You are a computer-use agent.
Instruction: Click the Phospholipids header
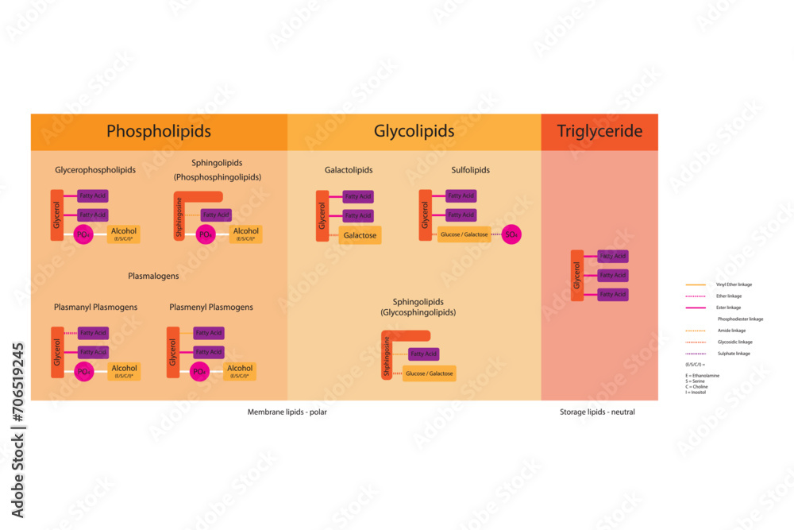pyautogui.click(x=159, y=131)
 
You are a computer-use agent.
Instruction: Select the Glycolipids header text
pyautogui.click(x=414, y=131)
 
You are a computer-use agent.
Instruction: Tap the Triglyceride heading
pyautogui.click(x=599, y=131)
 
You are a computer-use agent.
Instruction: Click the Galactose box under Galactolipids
pyautogui.click(x=360, y=235)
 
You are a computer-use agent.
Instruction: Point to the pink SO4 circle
pyautogui.click(x=512, y=234)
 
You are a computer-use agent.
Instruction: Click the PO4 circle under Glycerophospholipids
pyautogui.click(x=83, y=234)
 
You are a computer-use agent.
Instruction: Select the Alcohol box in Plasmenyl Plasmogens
pyautogui.click(x=240, y=371)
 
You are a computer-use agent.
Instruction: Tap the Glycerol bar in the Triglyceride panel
pyautogui.click(x=577, y=275)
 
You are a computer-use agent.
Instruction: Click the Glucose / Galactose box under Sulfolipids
pyautogui.click(x=464, y=234)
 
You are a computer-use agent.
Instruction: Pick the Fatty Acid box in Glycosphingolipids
pyautogui.click(x=424, y=354)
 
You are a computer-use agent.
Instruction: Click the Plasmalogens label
pyautogui.click(x=153, y=277)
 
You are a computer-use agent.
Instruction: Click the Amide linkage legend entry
pyautogui.click(x=731, y=331)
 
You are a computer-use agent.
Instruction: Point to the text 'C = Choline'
pyautogui.click(x=699, y=386)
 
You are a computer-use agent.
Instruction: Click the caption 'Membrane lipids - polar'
pyautogui.click(x=287, y=412)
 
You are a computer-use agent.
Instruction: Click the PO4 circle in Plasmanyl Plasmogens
pyautogui.click(x=83, y=371)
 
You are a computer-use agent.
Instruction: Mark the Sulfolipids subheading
pyautogui.click(x=472, y=170)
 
